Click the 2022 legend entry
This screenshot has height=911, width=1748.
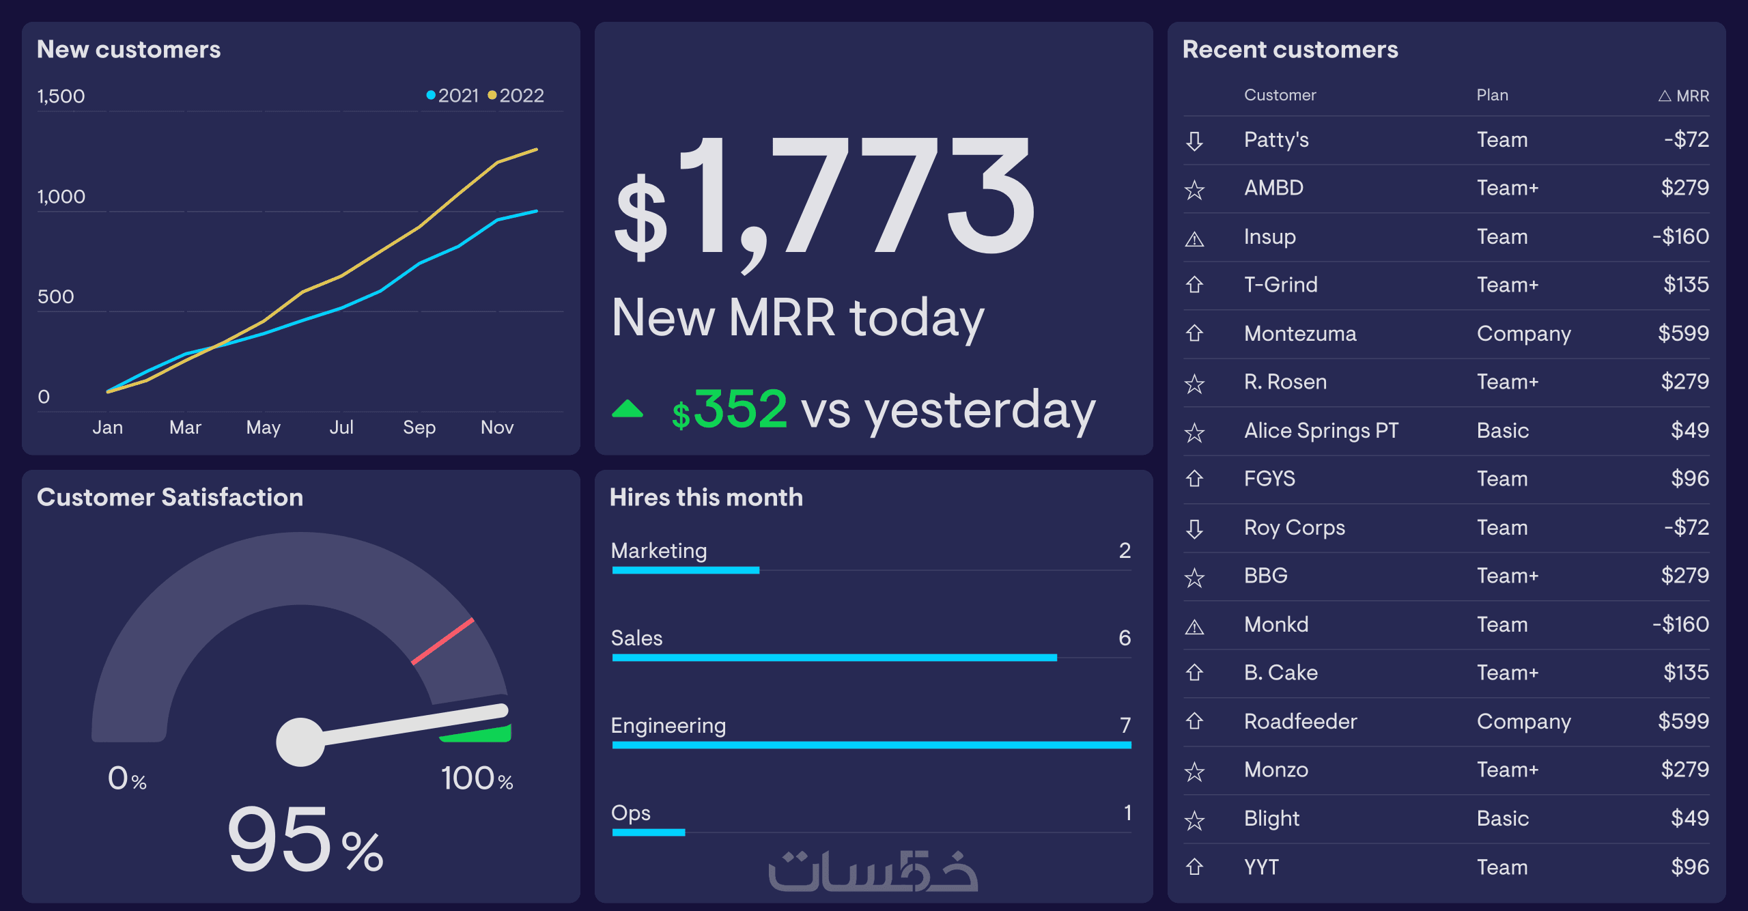click(518, 96)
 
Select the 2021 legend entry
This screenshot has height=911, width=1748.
click(454, 96)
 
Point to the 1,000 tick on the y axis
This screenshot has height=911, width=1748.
click(61, 197)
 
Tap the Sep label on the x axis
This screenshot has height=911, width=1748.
click(419, 428)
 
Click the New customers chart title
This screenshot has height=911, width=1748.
click(128, 50)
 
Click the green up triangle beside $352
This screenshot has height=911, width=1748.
click(628, 409)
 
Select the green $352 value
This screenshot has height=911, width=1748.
click(729, 410)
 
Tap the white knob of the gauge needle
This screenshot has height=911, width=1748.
click(300, 742)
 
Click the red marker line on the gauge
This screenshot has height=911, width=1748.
click(442, 641)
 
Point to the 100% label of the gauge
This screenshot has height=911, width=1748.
click(477, 779)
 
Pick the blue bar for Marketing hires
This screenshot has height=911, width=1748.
click(686, 570)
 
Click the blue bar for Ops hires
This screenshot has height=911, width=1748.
click(648, 832)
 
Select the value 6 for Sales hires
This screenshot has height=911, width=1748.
click(1125, 638)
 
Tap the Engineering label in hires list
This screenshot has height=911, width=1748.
click(668, 725)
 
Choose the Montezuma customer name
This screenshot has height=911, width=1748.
click(1300, 334)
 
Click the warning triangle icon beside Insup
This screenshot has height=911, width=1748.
click(1194, 239)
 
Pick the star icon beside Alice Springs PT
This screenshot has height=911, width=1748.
click(1194, 432)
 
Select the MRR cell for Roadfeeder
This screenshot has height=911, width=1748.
click(1683, 721)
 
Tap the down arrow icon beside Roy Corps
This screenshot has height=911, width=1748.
click(1194, 529)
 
